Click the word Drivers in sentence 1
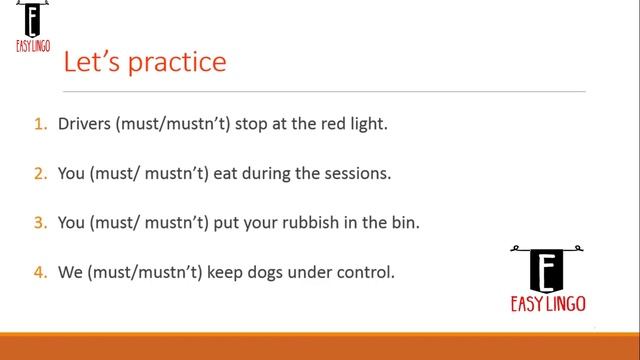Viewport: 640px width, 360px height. [x=84, y=125]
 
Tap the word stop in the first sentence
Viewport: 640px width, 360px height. [x=251, y=125]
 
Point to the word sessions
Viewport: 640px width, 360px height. [x=355, y=173]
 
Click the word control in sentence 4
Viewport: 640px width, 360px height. [x=365, y=270]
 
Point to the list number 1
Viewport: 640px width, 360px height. [x=41, y=125]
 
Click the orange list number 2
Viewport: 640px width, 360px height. [x=41, y=173]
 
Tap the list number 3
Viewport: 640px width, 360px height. [x=41, y=222]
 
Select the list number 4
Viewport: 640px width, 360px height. [x=41, y=270]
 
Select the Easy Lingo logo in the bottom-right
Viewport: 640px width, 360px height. [x=546, y=278]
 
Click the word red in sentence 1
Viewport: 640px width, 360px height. [x=330, y=125]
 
